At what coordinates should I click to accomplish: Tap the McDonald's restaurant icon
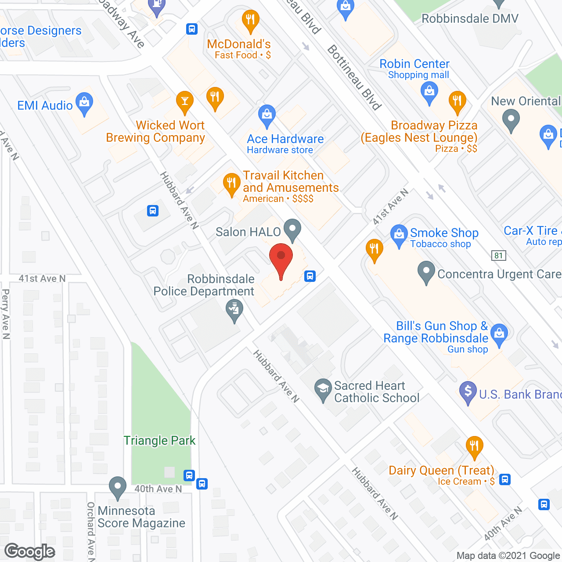click(250, 20)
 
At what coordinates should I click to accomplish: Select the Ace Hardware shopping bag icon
click(267, 115)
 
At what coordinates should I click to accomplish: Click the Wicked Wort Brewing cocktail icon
click(184, 101)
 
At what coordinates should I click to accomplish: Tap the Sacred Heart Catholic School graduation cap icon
click(323, 389)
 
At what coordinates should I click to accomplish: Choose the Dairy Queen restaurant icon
click(474, 447)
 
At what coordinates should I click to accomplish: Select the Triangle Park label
click(159, 440)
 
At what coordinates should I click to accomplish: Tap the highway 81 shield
click(498, 256)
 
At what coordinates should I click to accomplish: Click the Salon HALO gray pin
click(292, 229)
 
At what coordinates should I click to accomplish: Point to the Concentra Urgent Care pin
click(426, 272)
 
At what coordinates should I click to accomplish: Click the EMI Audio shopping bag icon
click(84, 103)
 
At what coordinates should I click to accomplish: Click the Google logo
click(30, 551)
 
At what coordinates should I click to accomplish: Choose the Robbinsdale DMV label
click(470, 18)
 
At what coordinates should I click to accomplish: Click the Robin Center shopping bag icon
click(429, 92)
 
